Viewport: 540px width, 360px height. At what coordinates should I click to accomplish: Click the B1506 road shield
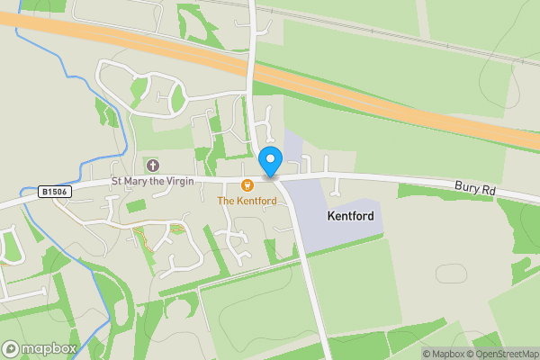click(55, 192)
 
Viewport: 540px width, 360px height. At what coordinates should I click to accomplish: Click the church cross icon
click(153, 166)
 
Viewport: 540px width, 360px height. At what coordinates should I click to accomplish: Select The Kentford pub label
click(246, 201)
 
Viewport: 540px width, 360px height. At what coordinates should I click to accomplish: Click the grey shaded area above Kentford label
click(292, 148)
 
